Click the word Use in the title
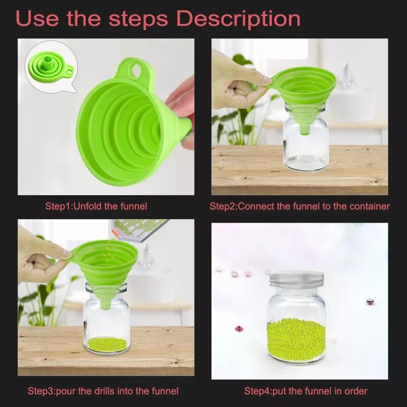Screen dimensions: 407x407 (x=36, y=18)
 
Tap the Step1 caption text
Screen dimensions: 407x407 (x=96, y=206)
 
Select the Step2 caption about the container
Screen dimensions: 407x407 (x=299, y=206)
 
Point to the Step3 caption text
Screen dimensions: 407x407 (x=103, y=391)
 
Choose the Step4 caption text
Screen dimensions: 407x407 (x=306, y=391)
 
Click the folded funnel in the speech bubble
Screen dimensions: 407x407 (x=52, y=67)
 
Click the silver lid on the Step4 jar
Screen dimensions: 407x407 (x=297, y=279)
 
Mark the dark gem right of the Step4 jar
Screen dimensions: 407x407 (x=369, y=302)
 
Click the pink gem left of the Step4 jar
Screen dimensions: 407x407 (x=239, y=329)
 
